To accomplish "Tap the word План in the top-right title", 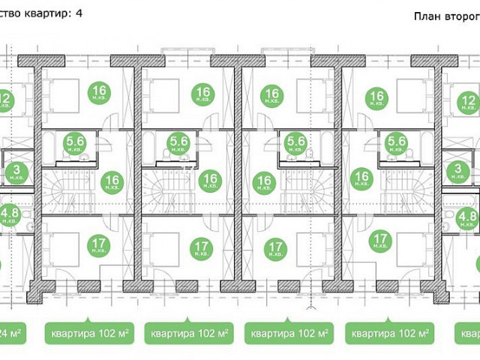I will pos(427,16).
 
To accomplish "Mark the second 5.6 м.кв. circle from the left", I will pos(178,142).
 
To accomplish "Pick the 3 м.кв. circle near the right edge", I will pos(458,172).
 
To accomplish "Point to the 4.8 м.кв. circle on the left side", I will pos(10,217).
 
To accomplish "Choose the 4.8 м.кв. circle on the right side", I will pos(466,219).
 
